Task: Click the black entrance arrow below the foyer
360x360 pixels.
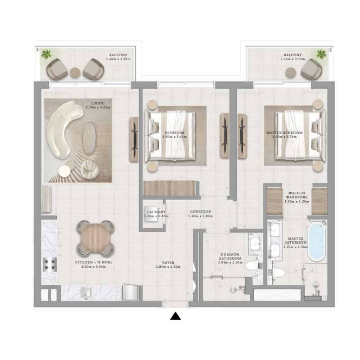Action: click(175, 316)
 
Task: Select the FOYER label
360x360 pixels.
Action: click(168, 264)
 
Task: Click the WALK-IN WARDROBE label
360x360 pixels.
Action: click(296, 196)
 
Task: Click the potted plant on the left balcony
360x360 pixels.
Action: click(46, 55)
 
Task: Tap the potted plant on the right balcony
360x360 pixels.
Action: click(321, 55)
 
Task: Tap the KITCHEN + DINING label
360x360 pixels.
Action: click(94, 264)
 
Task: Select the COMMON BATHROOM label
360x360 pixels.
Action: click(231, 259)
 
